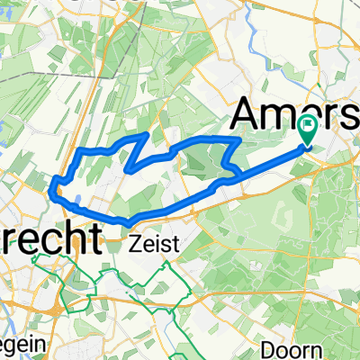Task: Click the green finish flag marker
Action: [x=307, y=131]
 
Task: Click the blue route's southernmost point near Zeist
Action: [x=129, y=222]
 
